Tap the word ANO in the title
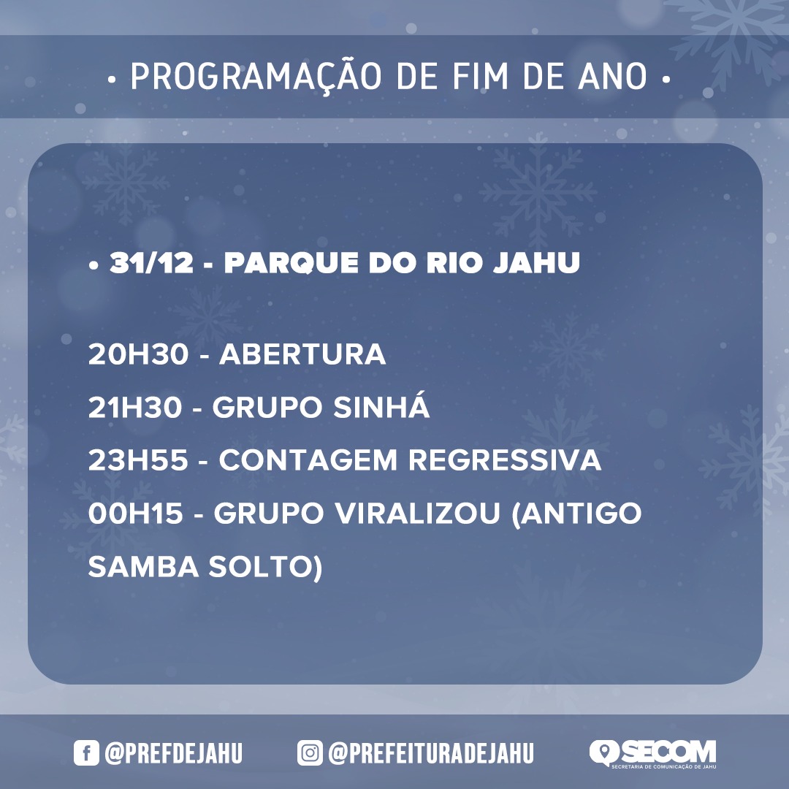[x=612, y=77]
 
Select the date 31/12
[x=151, y=262]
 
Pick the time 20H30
[x=138, y=354]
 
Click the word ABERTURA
[x=302, y=354]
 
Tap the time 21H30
[x=135, y=407]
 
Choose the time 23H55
[x=138, y=460]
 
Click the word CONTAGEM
[x=308, y=460]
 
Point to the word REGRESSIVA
[x=505, y=460]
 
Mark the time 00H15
[x=135, y=514]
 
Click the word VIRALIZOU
[x=417, y=514]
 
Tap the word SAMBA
[x=143, y=567]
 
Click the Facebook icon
[x=86, y=752]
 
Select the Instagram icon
[x=310, y=752]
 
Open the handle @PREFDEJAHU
[x=174, y=753]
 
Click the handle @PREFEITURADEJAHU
[x=431, y=753]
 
